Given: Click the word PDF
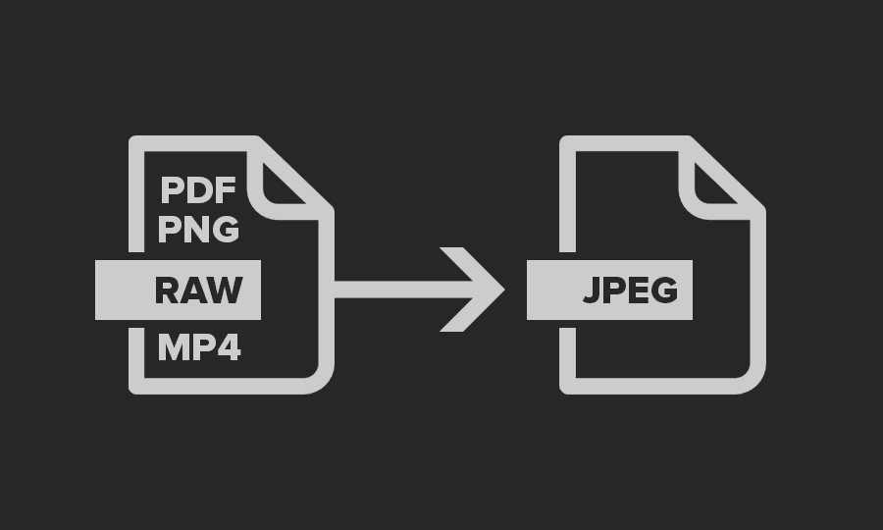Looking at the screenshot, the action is tap(198, 188).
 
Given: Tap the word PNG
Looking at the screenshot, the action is tap(198, 230).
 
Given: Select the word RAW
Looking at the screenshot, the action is tap(198, 291).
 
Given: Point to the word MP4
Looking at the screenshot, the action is tap(198, 346).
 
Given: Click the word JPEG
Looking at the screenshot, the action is tap(629, 291).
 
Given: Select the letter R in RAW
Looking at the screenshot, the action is tap(168, 291).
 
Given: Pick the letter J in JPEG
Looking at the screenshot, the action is tap(591, 291).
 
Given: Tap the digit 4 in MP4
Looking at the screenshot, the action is tap(228, 346).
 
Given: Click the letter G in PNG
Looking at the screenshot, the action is tap(225, 230).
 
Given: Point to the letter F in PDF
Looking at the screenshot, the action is tap(227, 188).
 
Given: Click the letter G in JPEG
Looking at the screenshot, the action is tap(662, 291).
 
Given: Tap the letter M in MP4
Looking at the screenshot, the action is tap(172, 346).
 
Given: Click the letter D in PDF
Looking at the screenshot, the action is tap(198, 188).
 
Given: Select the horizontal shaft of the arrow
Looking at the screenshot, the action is tap(392, 290).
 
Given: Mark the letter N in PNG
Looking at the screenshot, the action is tap(197, 230).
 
